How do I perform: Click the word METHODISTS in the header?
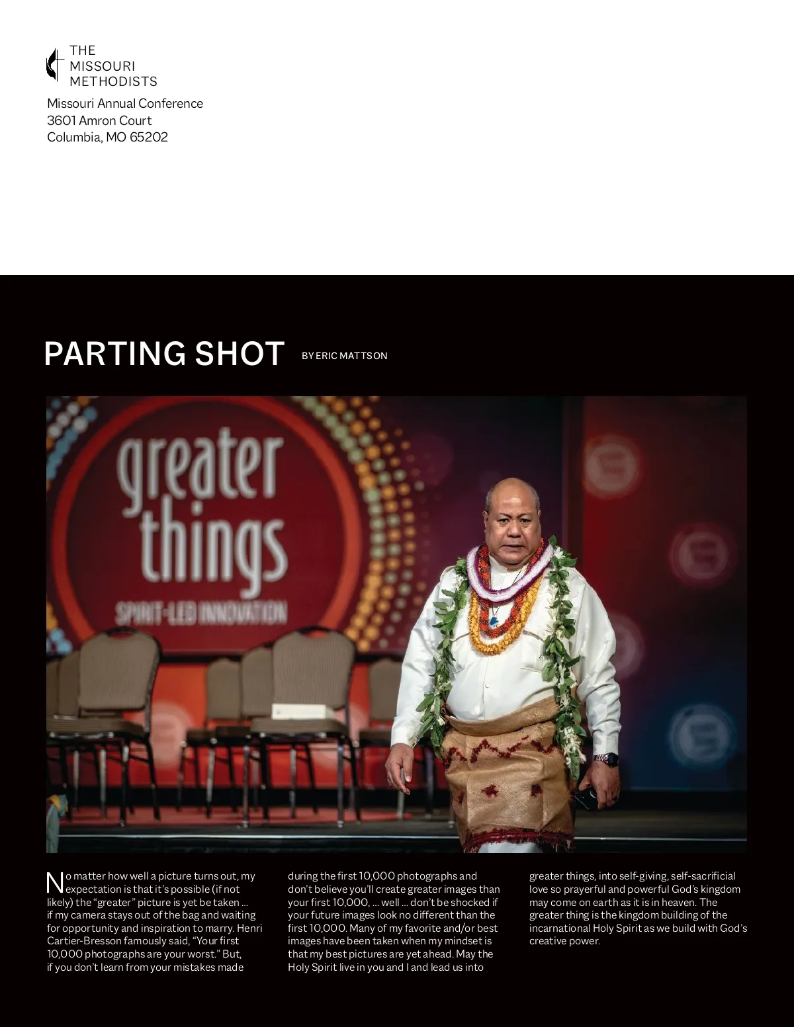coord(114,82)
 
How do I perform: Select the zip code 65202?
coord(149,138)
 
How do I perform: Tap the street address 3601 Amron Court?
coord(99,121)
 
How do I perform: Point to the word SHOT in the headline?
coord(240,354)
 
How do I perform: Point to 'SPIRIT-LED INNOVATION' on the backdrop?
coord(201,613)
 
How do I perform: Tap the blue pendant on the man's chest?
coord(494,621)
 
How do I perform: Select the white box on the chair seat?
coord(298,712)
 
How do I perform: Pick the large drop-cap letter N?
coord(55,883)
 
